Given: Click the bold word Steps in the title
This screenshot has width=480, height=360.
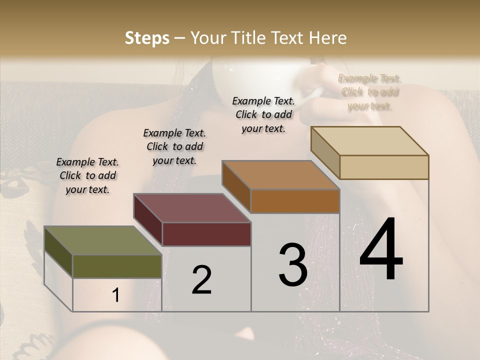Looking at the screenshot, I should pos(147,38).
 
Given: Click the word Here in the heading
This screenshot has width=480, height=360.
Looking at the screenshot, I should pos(328,38).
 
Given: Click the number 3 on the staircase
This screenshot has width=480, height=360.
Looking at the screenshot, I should pos(292,265).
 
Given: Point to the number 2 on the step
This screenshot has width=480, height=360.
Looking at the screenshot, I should pos(201,280).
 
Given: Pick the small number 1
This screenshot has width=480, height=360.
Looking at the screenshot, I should pos(116,295).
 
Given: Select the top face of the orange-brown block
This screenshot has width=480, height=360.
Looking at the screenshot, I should pos(280,175).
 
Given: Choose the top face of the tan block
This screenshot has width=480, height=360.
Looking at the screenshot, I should pos(369,141).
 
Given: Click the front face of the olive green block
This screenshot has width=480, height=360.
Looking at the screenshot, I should pos(117,266).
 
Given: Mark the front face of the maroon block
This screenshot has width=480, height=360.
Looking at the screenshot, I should pos(206,234).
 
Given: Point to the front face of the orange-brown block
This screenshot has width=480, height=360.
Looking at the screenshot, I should pos(295,201).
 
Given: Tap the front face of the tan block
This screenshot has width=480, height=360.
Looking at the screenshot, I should pos(384,167).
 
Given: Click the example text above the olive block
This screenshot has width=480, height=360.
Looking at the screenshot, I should pos(87,175).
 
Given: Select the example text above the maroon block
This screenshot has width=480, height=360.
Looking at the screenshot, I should pos(174,146).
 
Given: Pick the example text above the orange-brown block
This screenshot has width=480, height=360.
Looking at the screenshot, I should pos(263,114).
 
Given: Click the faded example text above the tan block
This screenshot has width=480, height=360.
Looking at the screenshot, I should pos(369,92).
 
